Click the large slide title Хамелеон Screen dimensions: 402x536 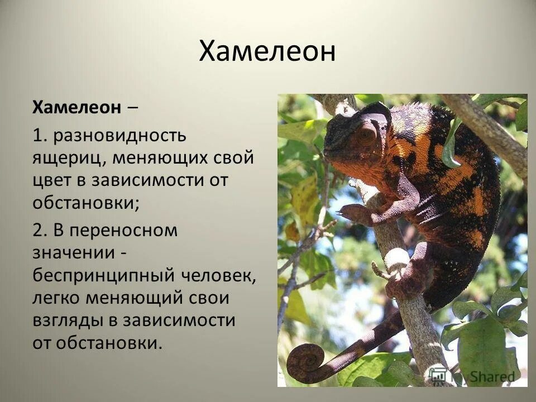(267, 52)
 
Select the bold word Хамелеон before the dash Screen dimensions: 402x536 (76, 107)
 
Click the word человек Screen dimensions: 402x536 (219, 276)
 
